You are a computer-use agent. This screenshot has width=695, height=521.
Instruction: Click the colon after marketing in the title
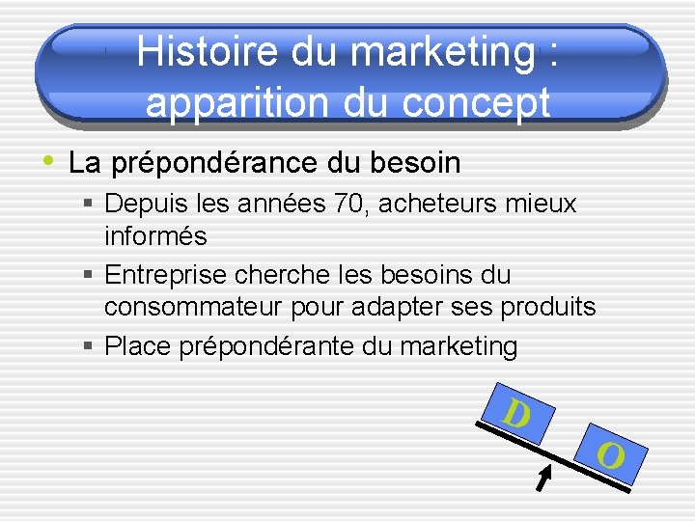tap(550, 52)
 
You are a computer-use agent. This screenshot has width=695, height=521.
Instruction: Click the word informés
tap(155, 235)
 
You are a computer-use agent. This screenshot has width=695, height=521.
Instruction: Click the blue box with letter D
tap(517, 414)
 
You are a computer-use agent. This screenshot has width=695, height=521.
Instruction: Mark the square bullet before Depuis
tap(89, 205)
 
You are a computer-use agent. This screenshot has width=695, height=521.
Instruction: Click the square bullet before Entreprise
tap(89, 276)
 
